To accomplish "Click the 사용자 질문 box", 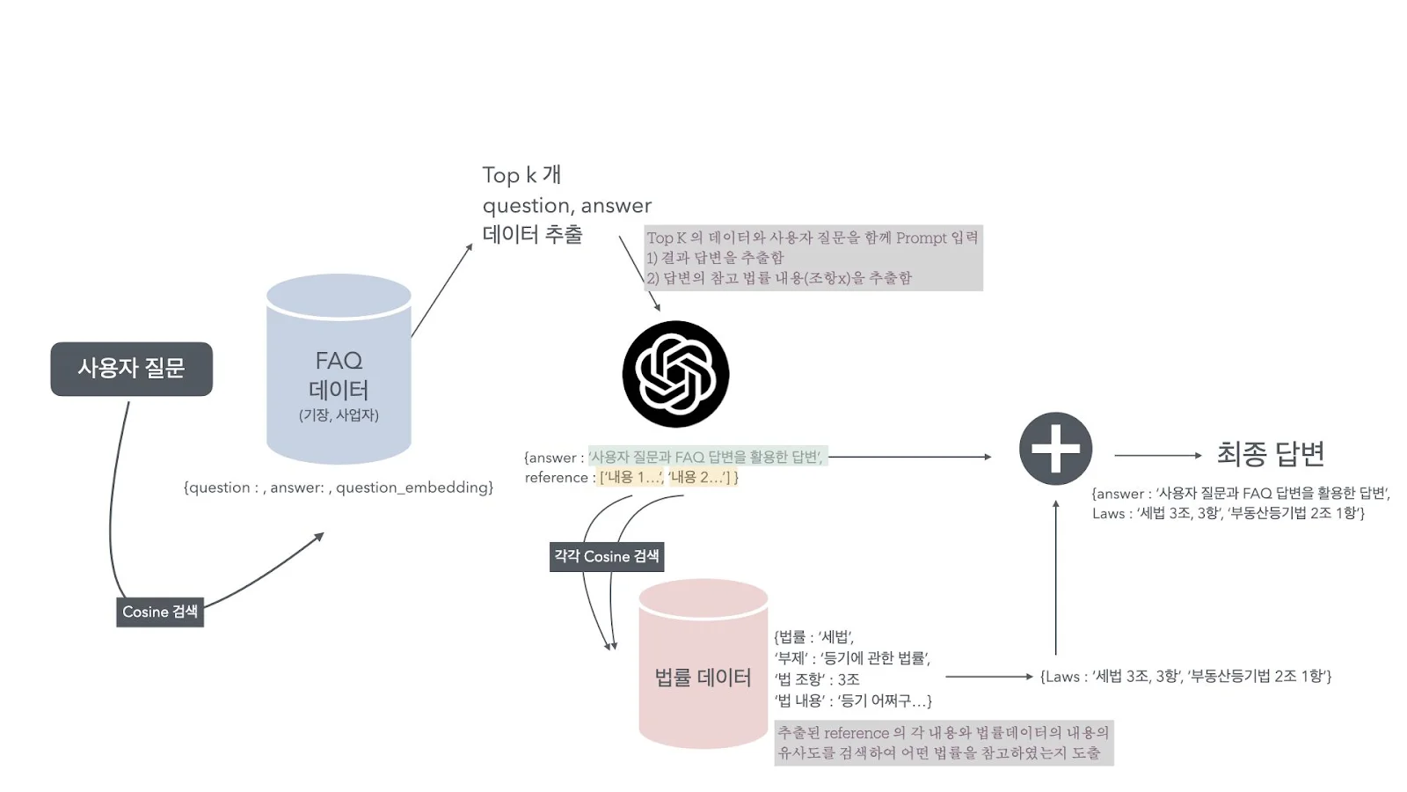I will [x=131, y=369].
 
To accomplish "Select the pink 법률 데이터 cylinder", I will [x=703, y=669].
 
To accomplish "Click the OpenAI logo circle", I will [x=675, y=374].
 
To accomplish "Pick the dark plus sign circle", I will [x=1055, y=448].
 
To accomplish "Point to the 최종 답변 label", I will [x=1270, y=454].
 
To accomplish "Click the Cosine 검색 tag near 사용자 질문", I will [x=160, y=612].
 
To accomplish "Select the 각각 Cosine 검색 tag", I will [x=606, y=556].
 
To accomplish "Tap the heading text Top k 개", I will [x=521, y=175].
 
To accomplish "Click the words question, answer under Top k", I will [x=567, y=206].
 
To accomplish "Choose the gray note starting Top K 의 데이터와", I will [x=813, y=258].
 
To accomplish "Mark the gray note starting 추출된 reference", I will [x=943, y=743].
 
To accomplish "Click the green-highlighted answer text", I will [x=706, y=457].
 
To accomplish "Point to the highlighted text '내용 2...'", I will [x=702, y=477].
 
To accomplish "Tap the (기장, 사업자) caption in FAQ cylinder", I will [x=339, y=415].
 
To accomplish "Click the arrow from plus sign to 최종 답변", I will [x=1157, y=455].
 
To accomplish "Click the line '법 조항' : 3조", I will [x=817, y=679].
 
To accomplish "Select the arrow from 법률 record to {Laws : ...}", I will [x=988, y=677].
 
